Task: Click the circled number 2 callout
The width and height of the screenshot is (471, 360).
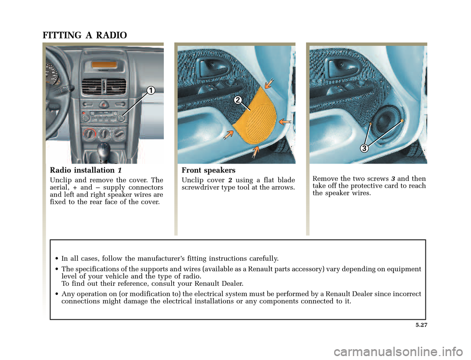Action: (237, 100)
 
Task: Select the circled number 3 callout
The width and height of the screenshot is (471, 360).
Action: (365, 148)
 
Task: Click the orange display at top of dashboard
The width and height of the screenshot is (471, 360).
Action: (105, 65)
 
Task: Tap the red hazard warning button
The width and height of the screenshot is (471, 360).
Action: (104, 104)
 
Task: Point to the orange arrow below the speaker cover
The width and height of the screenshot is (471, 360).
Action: (255, 152)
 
